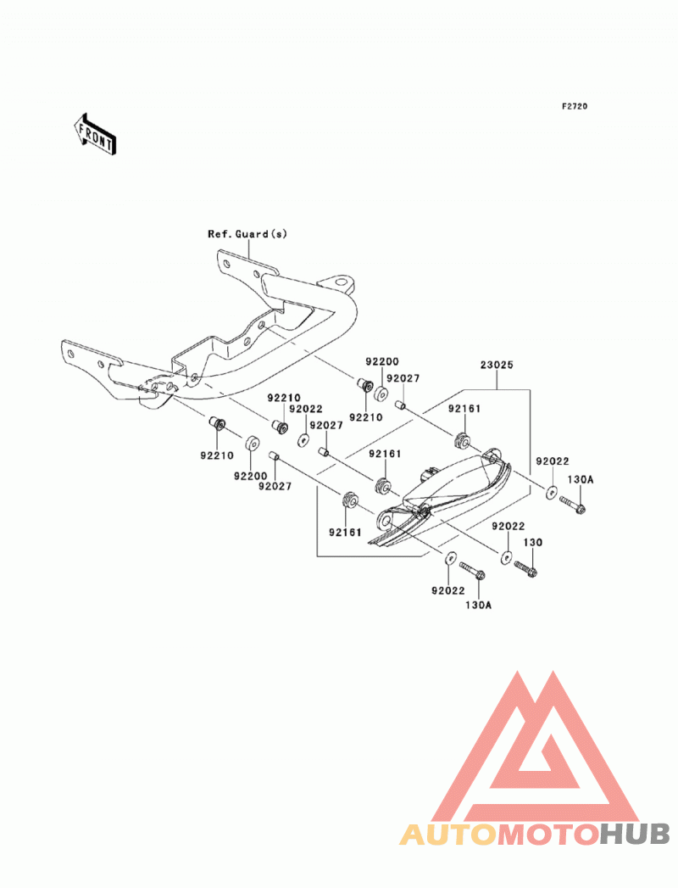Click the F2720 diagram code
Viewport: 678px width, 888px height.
[575, 106]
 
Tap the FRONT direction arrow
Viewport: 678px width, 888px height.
[95, 134]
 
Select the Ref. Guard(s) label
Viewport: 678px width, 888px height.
[247, 234]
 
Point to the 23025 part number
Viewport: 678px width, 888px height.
[497, 365]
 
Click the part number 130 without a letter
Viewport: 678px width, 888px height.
[532, 542]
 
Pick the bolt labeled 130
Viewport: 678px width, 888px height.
[525, 568]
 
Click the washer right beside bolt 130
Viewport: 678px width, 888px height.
[506, 556]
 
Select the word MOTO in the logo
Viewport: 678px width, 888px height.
[549, 835]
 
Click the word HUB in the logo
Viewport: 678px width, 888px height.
[634, 835]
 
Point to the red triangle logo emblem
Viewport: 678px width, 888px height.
[534, 747]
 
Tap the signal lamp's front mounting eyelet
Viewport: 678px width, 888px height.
[385, 519]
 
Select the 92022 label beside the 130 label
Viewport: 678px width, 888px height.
[508, 526]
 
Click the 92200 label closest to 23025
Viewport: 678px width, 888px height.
[382, 361]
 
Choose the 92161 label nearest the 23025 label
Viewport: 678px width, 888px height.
[464, 408]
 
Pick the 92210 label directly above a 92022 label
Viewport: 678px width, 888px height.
[284, 398]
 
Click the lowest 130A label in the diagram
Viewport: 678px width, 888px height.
[478, 606]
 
